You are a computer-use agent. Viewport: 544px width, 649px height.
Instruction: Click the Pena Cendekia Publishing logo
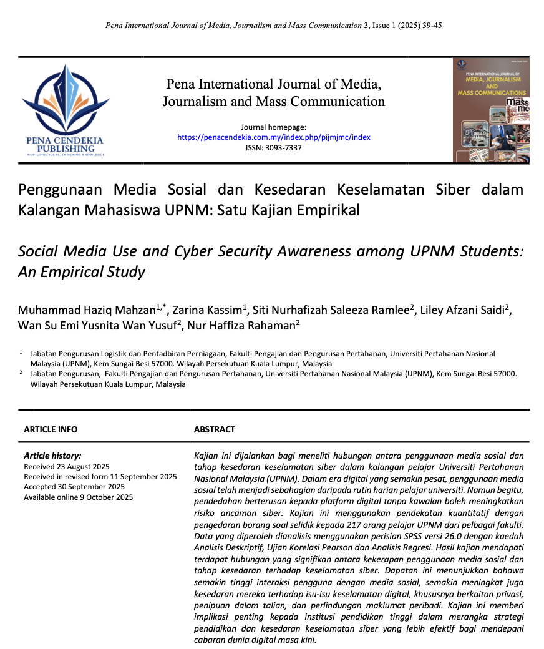click(66, 110)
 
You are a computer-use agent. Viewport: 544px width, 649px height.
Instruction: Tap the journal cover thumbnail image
click(490, 110)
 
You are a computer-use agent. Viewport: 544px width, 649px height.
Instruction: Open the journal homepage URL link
click(273, 137)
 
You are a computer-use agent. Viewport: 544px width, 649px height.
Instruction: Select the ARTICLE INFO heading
click(51, 429)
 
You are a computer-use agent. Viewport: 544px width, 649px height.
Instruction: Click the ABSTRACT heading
click(215, 429)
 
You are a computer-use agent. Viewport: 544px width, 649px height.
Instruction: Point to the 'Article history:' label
click(52, 456)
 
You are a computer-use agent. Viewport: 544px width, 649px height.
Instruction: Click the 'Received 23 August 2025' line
click(67, 467)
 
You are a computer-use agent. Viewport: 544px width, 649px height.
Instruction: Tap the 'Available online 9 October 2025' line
click(79, 497)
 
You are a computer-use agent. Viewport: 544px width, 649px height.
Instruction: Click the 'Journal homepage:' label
click(273, 127)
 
